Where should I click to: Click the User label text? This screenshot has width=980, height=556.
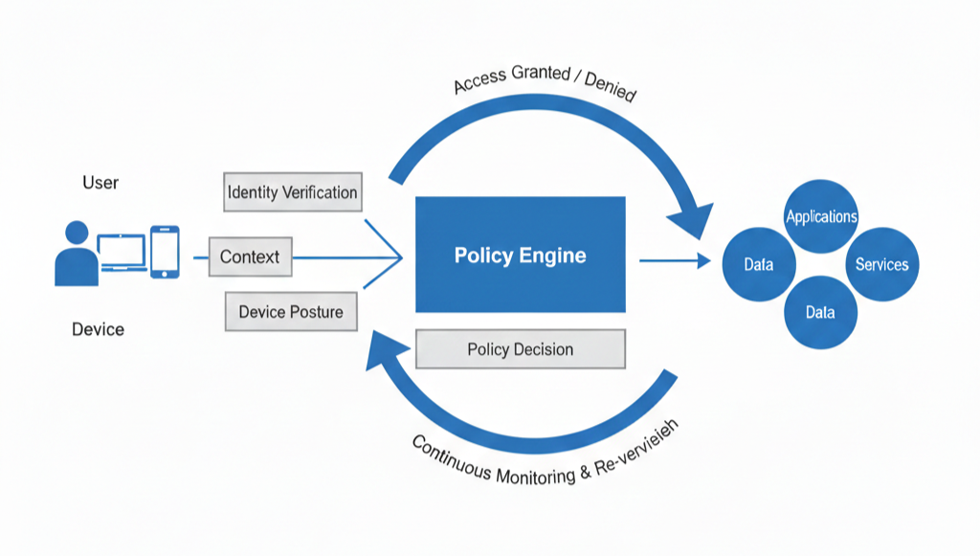coord(100,182)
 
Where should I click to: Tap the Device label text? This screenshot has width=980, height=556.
coord(98,329)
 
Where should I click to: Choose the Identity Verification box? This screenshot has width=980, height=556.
coord(292,192)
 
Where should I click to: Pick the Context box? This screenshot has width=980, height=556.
coord(250,256)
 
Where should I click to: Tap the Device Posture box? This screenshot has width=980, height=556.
coord(291,312)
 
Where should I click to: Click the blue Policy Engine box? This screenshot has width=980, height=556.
coord(520,255)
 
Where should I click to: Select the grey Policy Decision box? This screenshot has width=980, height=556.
coord(520,349)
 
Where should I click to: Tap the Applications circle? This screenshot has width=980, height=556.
coord(821,216)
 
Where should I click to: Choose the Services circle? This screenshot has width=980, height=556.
coord(881,264)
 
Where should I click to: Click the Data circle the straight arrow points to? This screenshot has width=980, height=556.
coord(759,264)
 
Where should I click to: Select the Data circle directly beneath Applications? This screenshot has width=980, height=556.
coord(820,312)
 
